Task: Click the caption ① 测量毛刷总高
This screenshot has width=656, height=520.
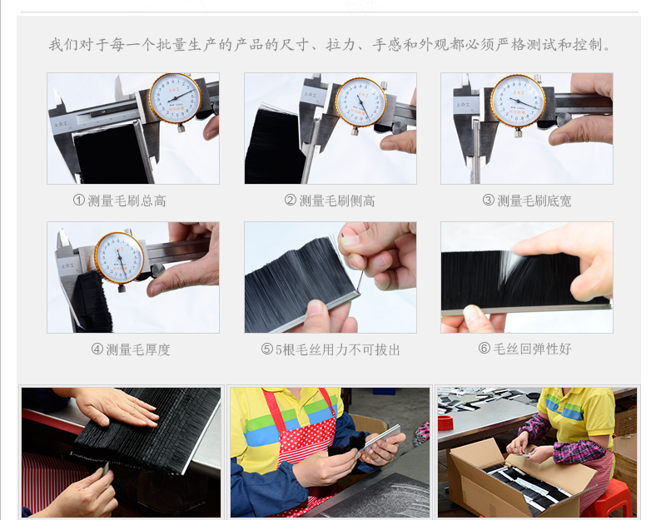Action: (x=120, y=201)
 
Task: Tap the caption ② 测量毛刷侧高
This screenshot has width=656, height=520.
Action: (x=330, y=201)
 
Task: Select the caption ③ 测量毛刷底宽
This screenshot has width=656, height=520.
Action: (x=527, y=201)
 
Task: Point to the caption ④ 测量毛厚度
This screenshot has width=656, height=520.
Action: (x=131, y=349)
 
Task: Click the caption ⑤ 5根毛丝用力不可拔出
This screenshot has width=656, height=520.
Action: (x=330, y=349)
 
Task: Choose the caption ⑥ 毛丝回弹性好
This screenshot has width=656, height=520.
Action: (x=524, y=349)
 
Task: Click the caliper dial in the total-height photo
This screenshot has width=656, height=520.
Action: (x=176, y=98)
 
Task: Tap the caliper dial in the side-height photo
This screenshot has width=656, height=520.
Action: (x=360, y=102)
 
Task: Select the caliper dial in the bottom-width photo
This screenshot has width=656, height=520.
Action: (x=518, y=101)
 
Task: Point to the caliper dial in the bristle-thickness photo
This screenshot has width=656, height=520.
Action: (x=120, y=257)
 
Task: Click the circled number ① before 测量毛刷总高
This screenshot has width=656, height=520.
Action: (x=78, y=201)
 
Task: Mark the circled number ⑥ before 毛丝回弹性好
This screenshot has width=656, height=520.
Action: (x=484, y=348)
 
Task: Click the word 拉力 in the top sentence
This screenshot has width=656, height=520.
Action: (x=341, y=44)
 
